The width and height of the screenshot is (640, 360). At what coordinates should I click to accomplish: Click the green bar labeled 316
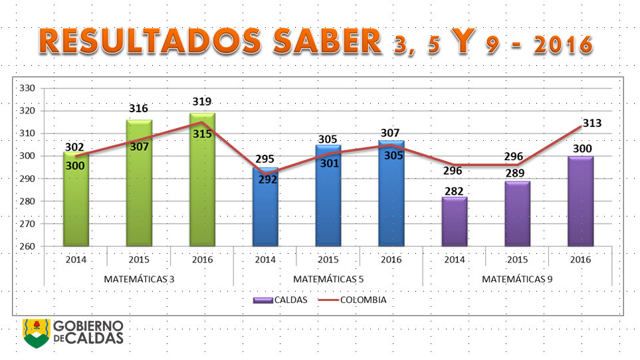(x=139, y=183)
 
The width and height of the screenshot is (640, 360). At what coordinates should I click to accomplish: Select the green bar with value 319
(x=202, y=179)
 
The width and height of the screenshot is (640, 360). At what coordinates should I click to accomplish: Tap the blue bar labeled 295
(x=265, y=209)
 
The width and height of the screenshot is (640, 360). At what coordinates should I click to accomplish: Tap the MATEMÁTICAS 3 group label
(x=139, y=279)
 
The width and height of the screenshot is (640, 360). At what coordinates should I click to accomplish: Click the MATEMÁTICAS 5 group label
(x=328, y=279)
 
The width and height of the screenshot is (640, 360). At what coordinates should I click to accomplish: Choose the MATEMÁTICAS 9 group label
(x=518, y=279)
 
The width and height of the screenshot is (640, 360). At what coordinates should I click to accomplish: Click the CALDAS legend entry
(x=280, y=300)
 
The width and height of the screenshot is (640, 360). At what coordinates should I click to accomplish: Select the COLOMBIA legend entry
(x=353, y=300)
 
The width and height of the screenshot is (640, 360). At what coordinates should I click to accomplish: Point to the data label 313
(x=592, y=123)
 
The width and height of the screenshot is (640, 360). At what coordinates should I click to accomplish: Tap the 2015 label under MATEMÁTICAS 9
(x=518, y=259)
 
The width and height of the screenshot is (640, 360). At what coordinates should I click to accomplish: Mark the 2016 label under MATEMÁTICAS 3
(x=202, y=259)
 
